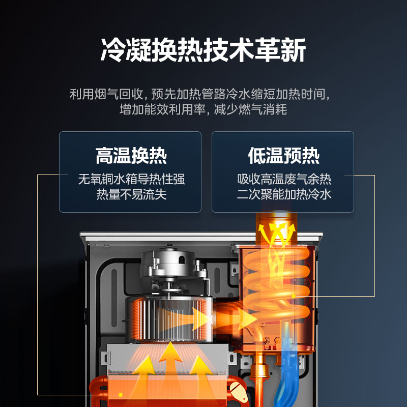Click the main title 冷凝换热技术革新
pos(203,50)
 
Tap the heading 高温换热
pos(131,156)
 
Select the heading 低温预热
pos(284,156)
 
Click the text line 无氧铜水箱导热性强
pos(131,179)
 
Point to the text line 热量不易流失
pos(131,194)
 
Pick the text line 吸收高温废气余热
pos(284,179)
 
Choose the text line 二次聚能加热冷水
pos(284,194)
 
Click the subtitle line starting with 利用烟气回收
pos(200,94)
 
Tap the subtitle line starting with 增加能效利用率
pos(203,109)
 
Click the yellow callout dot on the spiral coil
pos(294,296)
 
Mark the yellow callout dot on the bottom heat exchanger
pos(121,395)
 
